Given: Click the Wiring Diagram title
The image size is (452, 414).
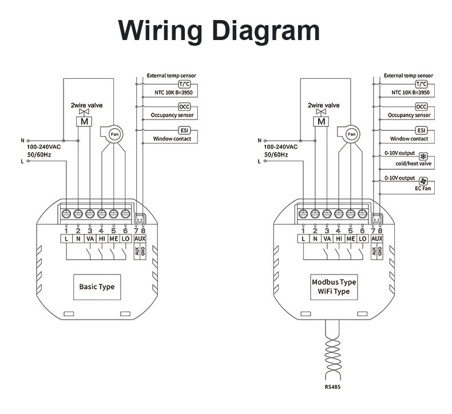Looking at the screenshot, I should (219, 30).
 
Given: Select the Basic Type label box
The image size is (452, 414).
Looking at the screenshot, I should (97, 286).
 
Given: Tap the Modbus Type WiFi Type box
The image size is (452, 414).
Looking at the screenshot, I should (334, 286).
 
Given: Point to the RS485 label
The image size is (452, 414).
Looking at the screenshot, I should (331, 387).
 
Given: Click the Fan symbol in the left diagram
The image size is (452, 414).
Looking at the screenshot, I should (113, 133).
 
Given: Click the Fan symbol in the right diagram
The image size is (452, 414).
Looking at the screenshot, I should (351, 133).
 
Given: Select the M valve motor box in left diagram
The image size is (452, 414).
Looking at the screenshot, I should (84, 121).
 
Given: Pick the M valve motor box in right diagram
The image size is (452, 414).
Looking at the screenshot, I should (322, 121).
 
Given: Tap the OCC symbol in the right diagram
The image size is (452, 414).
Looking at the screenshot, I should (421, 107).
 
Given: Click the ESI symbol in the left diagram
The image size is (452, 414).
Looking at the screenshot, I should (184, 130).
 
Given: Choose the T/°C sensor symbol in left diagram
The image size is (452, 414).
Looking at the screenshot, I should (184, 83).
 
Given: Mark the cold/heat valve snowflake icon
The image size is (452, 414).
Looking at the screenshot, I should (424, 156).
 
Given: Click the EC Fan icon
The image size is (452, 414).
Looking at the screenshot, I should (424, 180).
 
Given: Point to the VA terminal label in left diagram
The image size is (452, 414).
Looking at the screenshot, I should (90, 239).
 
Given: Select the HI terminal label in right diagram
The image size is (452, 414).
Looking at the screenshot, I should (338, 239).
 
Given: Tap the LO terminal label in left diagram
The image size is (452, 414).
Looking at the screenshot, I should (125, 239).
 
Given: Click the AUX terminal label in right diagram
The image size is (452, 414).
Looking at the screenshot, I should (376, 239).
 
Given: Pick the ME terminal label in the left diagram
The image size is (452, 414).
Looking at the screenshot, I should (113, 239).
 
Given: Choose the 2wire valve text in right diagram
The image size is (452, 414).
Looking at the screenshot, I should (323, 105).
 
